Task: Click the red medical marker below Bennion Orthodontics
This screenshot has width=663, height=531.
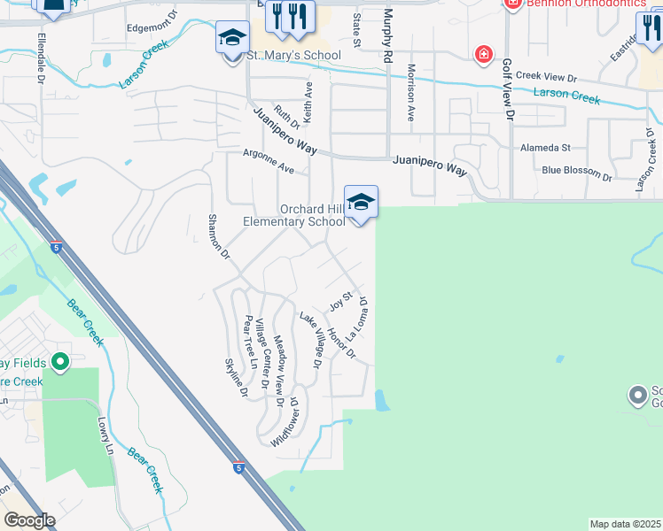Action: coord(483,55)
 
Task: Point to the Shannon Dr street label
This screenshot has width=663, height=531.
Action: coord(218,236)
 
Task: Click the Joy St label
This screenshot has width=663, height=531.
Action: coord(341,301)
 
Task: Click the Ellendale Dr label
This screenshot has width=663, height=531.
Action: coord(42,58)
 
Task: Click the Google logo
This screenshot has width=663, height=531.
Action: coord(29,519)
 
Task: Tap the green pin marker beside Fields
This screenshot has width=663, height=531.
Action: coord(60,361)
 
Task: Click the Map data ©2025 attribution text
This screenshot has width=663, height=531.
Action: coord(625,524)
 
